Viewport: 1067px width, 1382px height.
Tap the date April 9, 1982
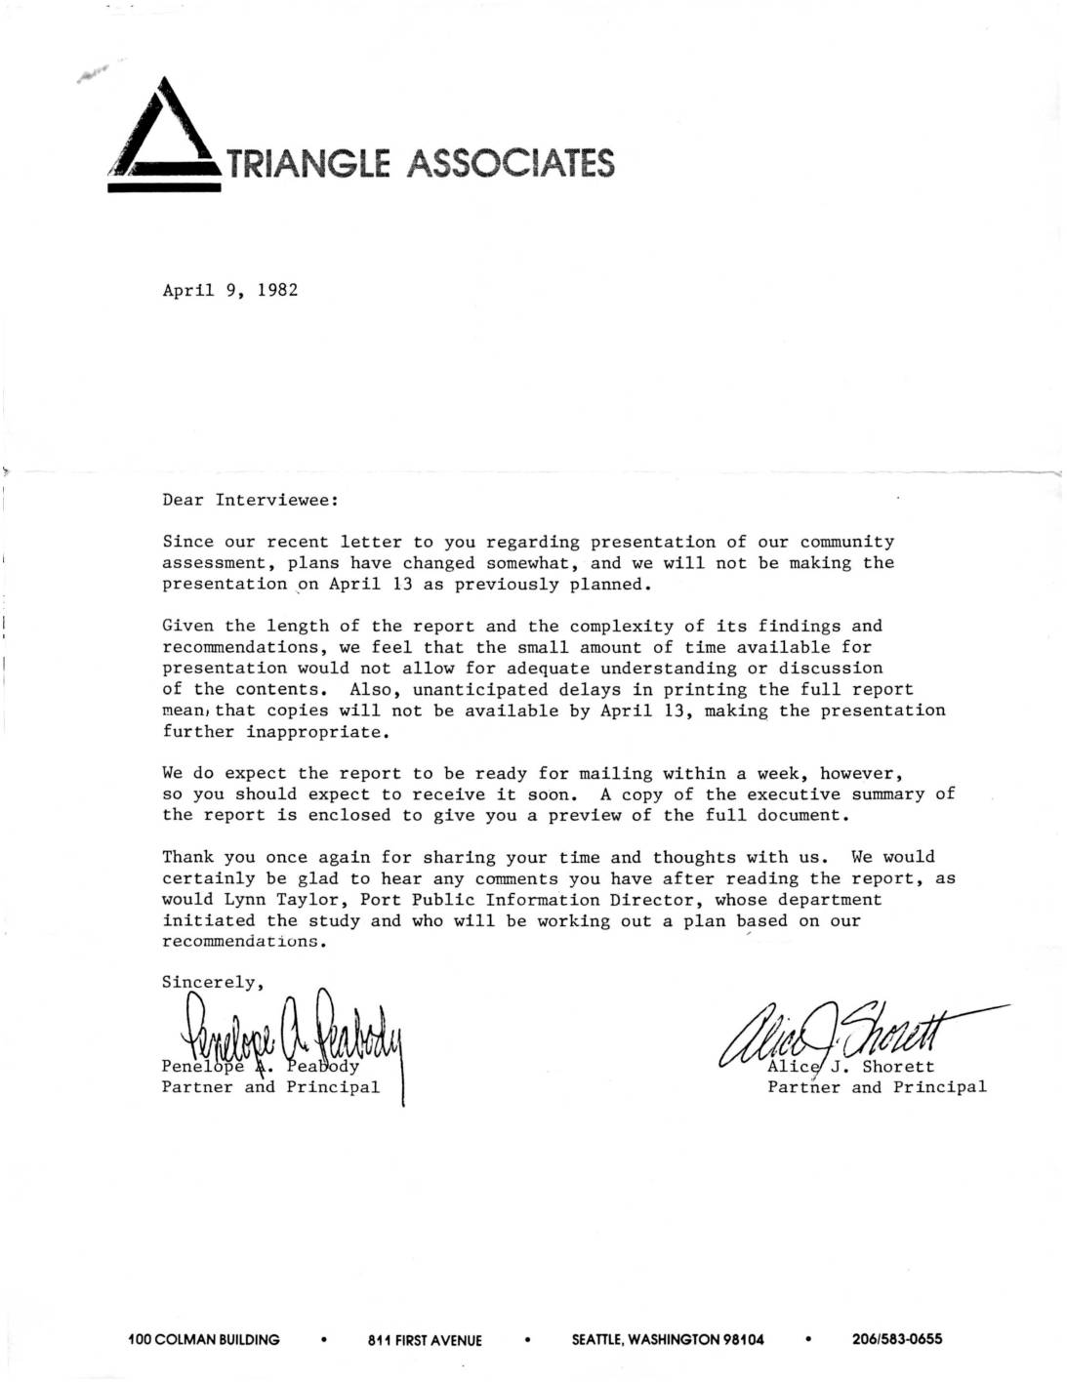[229, 290]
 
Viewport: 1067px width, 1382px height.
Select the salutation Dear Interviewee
[250, 500]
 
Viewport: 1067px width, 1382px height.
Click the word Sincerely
[208, 981]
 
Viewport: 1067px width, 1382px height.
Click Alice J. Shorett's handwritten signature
[840, 1039]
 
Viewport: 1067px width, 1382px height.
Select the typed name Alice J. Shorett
[850, 1066]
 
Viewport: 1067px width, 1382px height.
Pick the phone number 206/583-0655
[897, 1339]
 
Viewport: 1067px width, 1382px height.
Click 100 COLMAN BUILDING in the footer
[204, 1339]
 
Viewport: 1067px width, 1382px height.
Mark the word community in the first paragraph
[846, 542]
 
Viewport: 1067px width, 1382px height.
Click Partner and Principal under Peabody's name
[270, 1086]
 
